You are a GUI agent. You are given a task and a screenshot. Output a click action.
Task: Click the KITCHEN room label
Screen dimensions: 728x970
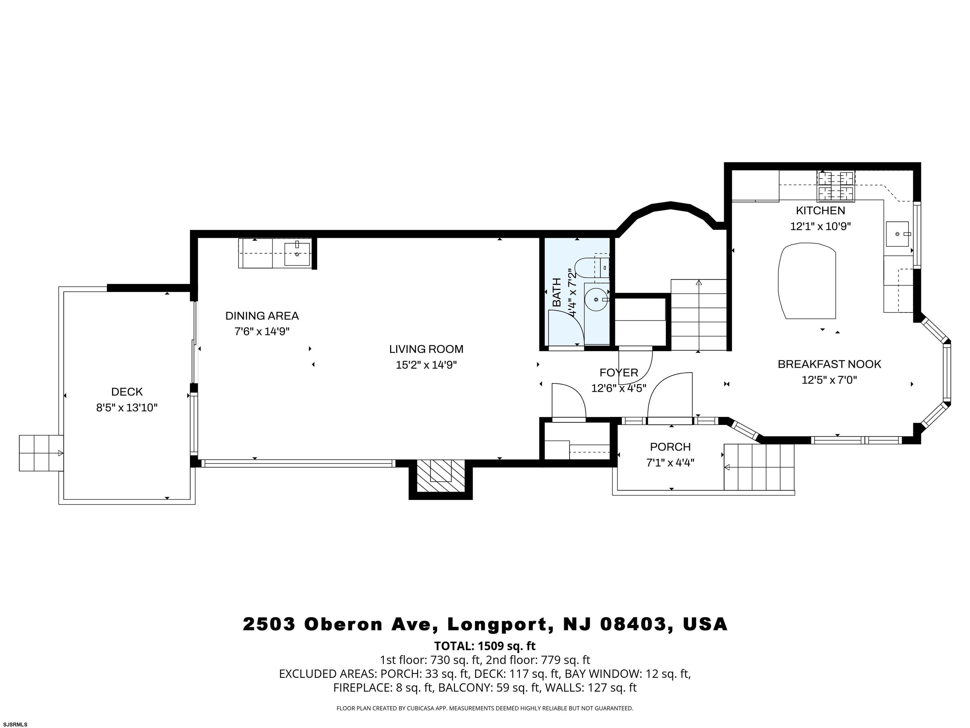820,211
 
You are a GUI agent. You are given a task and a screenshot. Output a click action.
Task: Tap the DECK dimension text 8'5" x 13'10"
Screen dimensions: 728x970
127,408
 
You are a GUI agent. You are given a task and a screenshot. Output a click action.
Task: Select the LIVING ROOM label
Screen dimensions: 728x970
426,349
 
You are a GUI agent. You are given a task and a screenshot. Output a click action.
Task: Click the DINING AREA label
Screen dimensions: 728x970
262,316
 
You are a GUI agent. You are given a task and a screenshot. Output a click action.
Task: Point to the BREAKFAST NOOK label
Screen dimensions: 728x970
829,364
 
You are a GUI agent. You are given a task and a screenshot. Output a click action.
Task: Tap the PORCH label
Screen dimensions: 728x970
670,447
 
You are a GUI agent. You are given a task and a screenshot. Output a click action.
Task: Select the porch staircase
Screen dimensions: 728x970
759,467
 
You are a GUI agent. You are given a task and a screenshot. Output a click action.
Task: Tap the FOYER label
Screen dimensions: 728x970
618,373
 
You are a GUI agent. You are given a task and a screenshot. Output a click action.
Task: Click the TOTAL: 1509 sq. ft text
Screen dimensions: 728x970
485,646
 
